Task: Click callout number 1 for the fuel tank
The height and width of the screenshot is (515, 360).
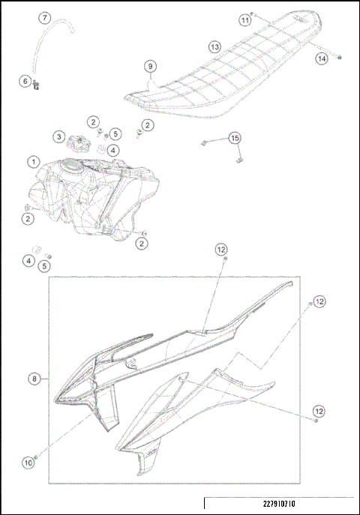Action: point(33,161)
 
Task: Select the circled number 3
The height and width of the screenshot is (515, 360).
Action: point(59,136)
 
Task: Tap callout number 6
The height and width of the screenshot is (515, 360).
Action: point(25,81)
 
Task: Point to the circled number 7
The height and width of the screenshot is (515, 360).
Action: point(44,16)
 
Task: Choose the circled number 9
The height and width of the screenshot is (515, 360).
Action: point(151,67)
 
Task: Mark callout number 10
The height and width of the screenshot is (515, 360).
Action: point(28,463)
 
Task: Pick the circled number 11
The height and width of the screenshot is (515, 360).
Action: point(245,20)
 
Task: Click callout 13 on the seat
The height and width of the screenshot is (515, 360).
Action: point(214,46)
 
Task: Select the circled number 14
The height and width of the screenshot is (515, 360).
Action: point(322,58)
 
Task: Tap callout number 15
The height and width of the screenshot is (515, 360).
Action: point(235,138)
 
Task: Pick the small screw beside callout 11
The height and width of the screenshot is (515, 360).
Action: point(255,13)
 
